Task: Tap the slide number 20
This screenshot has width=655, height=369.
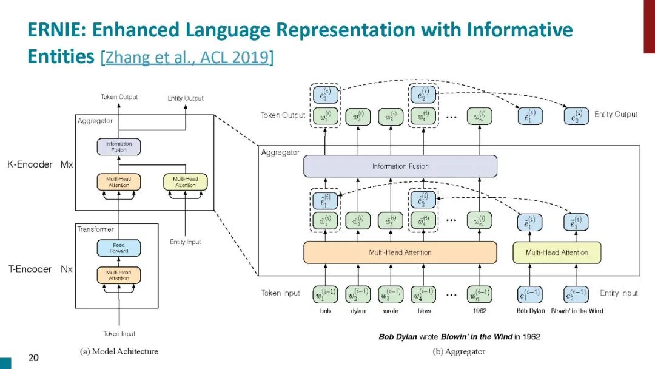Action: point(33,357)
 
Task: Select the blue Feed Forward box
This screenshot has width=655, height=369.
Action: point(119,248)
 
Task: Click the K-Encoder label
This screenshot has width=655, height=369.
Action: point(30,164)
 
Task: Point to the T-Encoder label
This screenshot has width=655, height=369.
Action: point(30,269)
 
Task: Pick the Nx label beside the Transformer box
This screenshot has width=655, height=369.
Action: point(66,269)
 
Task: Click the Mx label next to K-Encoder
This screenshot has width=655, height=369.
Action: point(66,164)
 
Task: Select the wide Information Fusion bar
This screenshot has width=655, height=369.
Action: point(400,166)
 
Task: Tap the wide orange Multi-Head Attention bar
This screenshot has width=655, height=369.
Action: point(400,252)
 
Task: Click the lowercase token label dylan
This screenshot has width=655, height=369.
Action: point(358,311)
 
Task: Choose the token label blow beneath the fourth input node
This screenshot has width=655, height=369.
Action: point(425,311)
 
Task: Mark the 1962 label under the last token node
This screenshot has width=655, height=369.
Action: point(479,311)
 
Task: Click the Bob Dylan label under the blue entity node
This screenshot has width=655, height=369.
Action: point(530,311)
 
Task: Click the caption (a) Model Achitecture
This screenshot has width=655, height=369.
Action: point(119,351)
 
